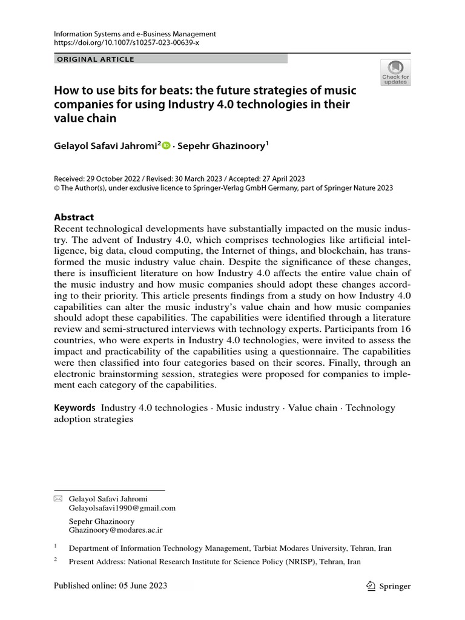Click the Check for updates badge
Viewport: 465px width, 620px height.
point(395,72)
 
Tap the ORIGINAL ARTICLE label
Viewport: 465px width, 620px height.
point(95,59)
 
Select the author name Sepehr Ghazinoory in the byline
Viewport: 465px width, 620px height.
point(221,147)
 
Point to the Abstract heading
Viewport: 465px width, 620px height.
point(74,217)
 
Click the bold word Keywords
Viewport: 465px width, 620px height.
point(75,408)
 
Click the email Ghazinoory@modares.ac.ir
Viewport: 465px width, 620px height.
point(116,530)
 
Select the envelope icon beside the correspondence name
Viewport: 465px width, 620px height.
point(58,498)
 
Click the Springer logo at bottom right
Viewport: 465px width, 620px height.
point(389,586)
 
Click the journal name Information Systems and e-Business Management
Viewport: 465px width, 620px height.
point(135,35)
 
